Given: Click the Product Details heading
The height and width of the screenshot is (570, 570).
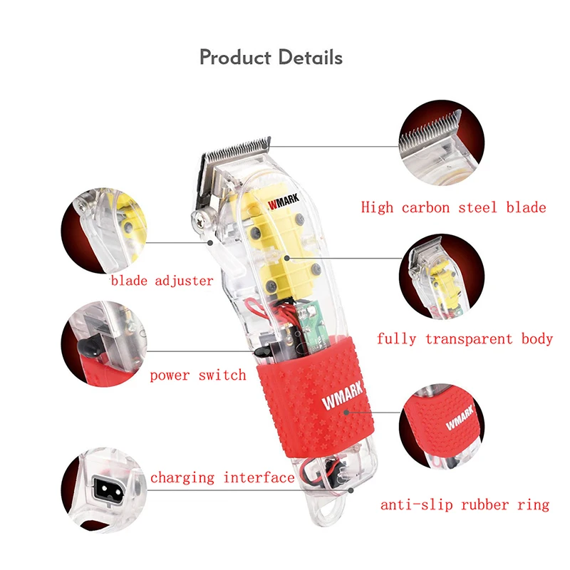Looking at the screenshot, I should click(271, 57).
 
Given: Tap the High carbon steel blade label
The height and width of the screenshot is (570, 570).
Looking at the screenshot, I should click(453, 208).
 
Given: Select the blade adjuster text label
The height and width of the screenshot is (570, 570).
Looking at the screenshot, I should click(162, 281).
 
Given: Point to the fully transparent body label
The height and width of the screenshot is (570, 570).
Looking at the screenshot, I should click(465, 339).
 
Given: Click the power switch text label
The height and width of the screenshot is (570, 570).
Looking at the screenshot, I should click(197, 375).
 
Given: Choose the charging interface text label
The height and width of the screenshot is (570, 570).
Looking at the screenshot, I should click(222, 478).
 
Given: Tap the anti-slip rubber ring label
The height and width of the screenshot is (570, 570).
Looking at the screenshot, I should click(465, 505).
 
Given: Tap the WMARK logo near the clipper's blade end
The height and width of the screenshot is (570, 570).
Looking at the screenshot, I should click(284, 202).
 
